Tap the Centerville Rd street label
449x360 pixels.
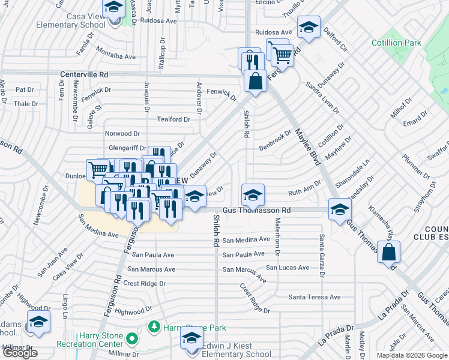pyautogui.click(x=83, y=75)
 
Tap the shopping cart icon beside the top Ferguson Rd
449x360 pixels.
pyautogui.click(x=281, y=55)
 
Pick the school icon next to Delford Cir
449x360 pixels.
pyautogui.click(x=309, y=28)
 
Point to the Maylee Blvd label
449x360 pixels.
pyautogui.click(x=306, y=144)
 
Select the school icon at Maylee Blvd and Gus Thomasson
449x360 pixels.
pyautogui.click(x=340, y=209)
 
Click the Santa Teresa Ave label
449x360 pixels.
pyautogui.click(x=314, y=297)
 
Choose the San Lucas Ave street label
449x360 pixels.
pyautogui.click(x=288, y=267)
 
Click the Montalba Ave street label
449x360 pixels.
pyautogui.click(x=116, y=56)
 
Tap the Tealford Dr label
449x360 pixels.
pyautogui.click(x=173, y=119)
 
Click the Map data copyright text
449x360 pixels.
pyautogui.click(x=412, y=355)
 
